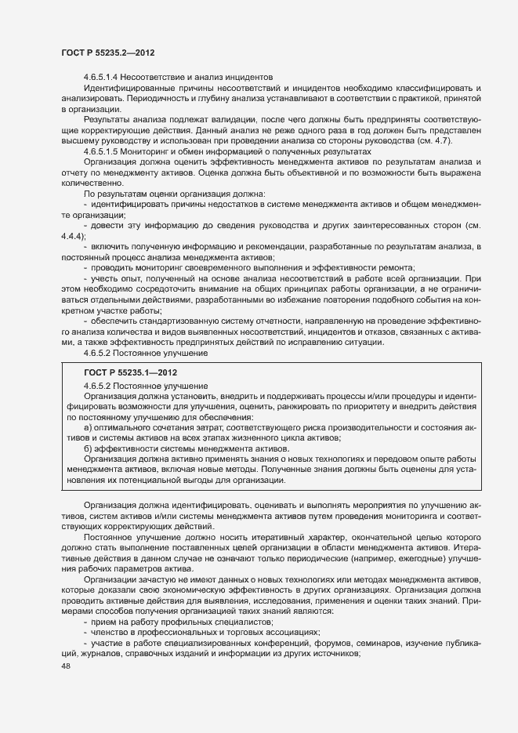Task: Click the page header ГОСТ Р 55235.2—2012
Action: [107, 53]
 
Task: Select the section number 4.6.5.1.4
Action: [107, 77]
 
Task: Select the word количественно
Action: [89, 180]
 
